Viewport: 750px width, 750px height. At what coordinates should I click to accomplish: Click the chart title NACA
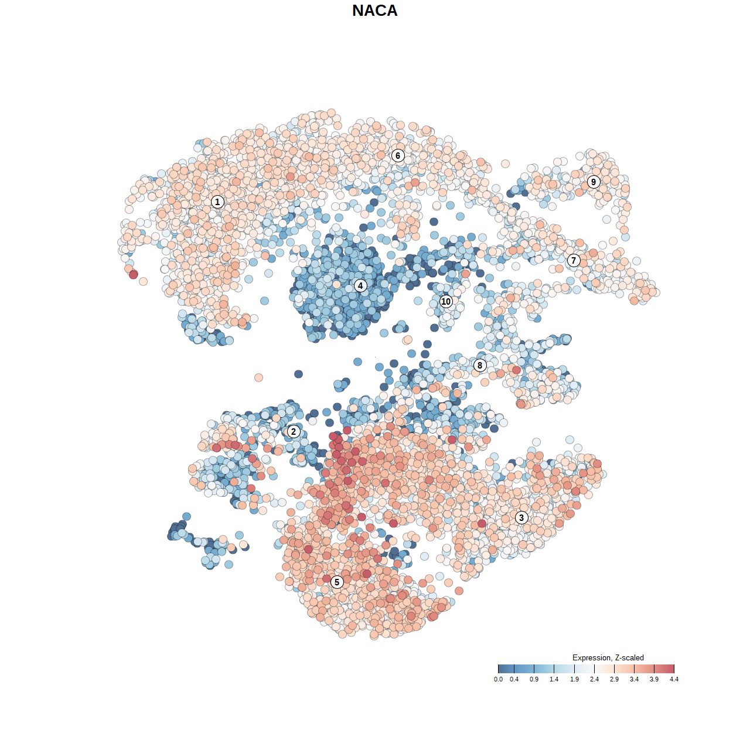[x=374, y=11]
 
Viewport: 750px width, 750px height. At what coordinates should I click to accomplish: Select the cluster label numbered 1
[x=217, y=202]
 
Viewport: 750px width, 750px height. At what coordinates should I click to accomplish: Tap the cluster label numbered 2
[x=294, y=432]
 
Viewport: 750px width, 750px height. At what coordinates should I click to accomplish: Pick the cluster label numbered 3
[x=521, y=517]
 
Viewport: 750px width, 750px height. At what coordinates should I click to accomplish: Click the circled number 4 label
[x=360, y=286]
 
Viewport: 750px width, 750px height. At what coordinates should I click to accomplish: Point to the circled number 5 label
[x=337, y=582]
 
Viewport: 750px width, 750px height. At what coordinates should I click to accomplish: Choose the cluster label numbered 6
[x=398, y=156]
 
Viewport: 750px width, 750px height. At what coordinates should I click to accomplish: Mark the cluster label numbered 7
[x=574, y=261]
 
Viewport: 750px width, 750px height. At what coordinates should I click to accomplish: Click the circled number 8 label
[x=480, y=366]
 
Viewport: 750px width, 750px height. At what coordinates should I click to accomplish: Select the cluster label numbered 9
[x=594, y=182]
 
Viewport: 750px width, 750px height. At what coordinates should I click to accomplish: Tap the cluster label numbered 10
[x=446, y=302]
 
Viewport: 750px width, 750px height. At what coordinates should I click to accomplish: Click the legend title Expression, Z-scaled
[x=608, y=657]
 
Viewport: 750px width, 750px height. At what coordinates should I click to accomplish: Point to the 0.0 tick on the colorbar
[x=498, y=679]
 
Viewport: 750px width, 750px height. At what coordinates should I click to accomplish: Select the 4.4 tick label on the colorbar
[x=674, y=679]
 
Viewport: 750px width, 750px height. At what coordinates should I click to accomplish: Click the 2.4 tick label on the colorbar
[x=594, y=679]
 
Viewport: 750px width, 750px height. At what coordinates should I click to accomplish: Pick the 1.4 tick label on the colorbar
[x=554, y=679]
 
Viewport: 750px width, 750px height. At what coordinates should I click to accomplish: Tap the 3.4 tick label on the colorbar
[x=634, y=679]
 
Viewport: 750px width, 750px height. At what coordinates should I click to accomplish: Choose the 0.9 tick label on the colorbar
[x=534, y=679]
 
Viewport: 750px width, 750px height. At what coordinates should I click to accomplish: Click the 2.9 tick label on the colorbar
[x=614, y=679]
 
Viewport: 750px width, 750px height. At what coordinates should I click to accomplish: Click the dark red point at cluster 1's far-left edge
[x=134, y=274]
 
